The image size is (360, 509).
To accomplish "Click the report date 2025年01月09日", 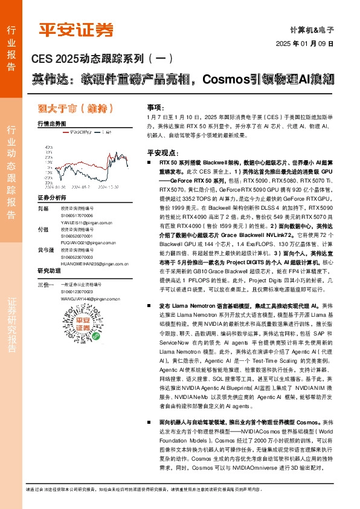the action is [x=304, y=44].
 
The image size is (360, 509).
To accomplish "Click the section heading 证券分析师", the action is [x=53, y=198].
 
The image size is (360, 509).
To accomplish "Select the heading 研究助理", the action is [x=50, y=270].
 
